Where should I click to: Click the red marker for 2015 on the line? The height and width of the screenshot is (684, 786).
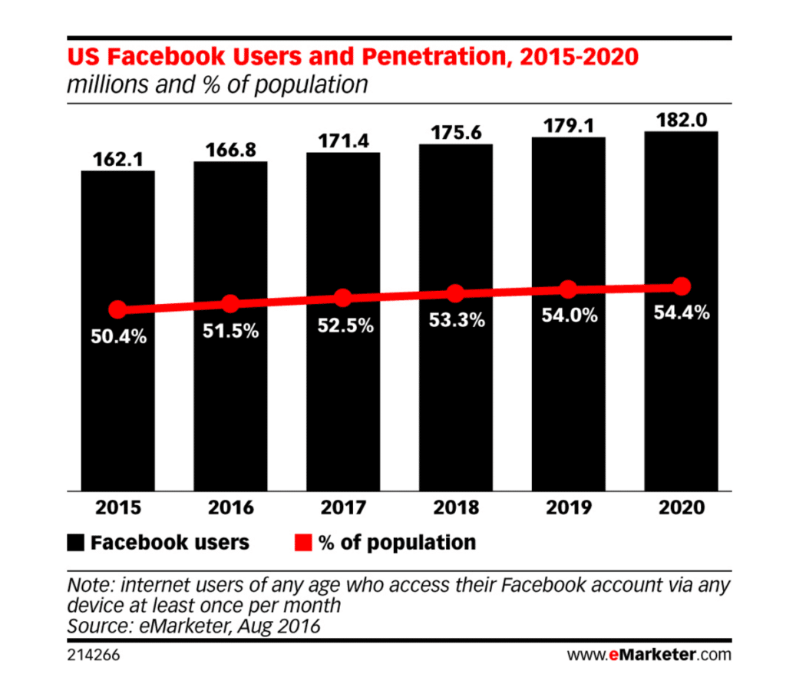point(117,310)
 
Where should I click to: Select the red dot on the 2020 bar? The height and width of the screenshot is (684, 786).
point(681,287)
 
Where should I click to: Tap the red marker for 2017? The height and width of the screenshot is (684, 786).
point(343,298)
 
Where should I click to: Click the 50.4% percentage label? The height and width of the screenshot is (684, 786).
point(119,336)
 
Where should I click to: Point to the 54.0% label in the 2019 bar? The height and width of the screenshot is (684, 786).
point(568,316)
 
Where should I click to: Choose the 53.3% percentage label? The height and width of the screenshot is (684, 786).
point(456,320)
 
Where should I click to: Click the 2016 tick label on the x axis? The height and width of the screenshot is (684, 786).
point(230,508)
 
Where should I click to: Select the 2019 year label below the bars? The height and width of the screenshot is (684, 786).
point(568,508)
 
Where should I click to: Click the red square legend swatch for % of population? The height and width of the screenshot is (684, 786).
point(302,544)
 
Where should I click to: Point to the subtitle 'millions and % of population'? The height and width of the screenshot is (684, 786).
point(217,84)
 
